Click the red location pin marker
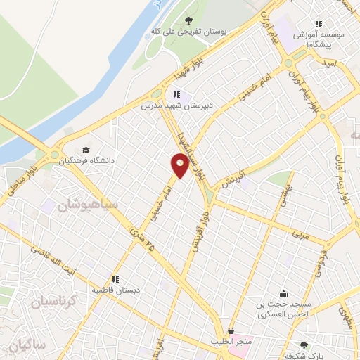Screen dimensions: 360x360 pyautogui.click(x=180, y=165)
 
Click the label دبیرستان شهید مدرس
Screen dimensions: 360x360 pyautogui.click(x=172, y=105)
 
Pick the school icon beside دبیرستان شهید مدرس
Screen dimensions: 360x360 pyautogui.click(x=177, y=94)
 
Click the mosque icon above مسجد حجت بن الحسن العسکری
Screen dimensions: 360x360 pyautogui.click(x=283, y=293)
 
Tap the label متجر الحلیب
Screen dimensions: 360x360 pyautogui.click(x=231, y=342)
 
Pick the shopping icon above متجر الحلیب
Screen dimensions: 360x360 pyautogui.click(x=231, y=330)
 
